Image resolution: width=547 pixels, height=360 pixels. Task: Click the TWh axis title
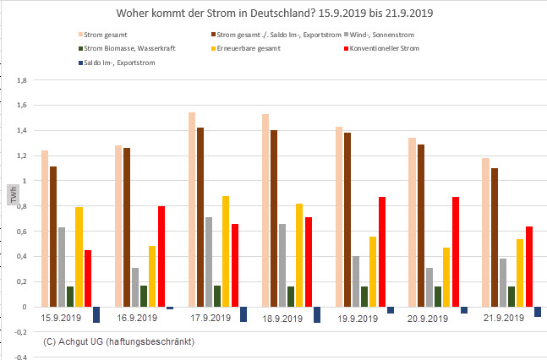click(12, 194)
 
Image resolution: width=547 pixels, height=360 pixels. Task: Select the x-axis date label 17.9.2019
click(210, 319)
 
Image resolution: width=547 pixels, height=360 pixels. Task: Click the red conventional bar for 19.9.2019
click(382, 252)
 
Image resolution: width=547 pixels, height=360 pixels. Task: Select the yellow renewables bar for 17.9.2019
click(227, 251)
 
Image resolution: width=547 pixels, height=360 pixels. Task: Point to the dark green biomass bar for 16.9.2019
click(144, 296)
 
